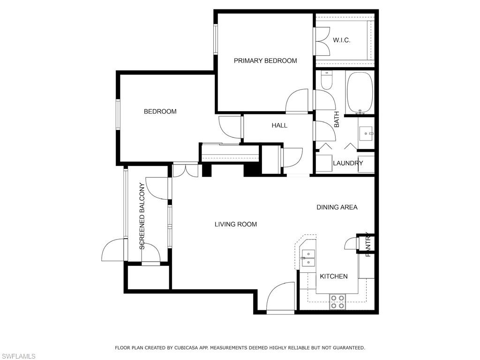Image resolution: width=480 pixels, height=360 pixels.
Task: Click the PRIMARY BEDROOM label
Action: click(x=265, y=60)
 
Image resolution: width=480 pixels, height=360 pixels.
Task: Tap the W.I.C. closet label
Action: click(x=342, y=40)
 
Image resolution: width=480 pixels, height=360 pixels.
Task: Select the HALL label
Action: click(x=279, y=125)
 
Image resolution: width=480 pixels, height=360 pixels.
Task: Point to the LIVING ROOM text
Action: click(x=236, y=225)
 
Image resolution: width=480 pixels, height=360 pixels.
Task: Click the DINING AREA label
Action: click(x=337, y=207)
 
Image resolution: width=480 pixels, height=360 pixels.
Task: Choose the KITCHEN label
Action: click(x=334, y=277)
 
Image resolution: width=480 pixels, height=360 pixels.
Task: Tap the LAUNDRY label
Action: click(x=348, y=163)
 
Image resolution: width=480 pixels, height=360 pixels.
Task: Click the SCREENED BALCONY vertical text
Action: click(x=142, y=216)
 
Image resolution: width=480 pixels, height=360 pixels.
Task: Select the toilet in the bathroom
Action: click(x=327, y=80)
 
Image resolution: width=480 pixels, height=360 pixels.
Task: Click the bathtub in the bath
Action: click(x=360, y=93)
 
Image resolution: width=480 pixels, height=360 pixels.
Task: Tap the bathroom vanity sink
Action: click(x=366, y=134)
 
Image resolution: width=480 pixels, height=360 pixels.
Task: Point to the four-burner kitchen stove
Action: click(x=337, y=301)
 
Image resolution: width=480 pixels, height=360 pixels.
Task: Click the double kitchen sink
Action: click(x=308, y=258)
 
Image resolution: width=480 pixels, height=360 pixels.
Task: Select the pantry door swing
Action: click(x=351, y=243)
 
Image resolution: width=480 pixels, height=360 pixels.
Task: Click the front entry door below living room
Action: click(x=280, y=297)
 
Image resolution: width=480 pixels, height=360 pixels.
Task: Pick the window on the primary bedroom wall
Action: click(x=216, y=39)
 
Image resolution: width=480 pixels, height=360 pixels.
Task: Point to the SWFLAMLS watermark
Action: click(x=18, y=356)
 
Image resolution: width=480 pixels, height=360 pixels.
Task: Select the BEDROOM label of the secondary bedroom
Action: click(x=160, y=112)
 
